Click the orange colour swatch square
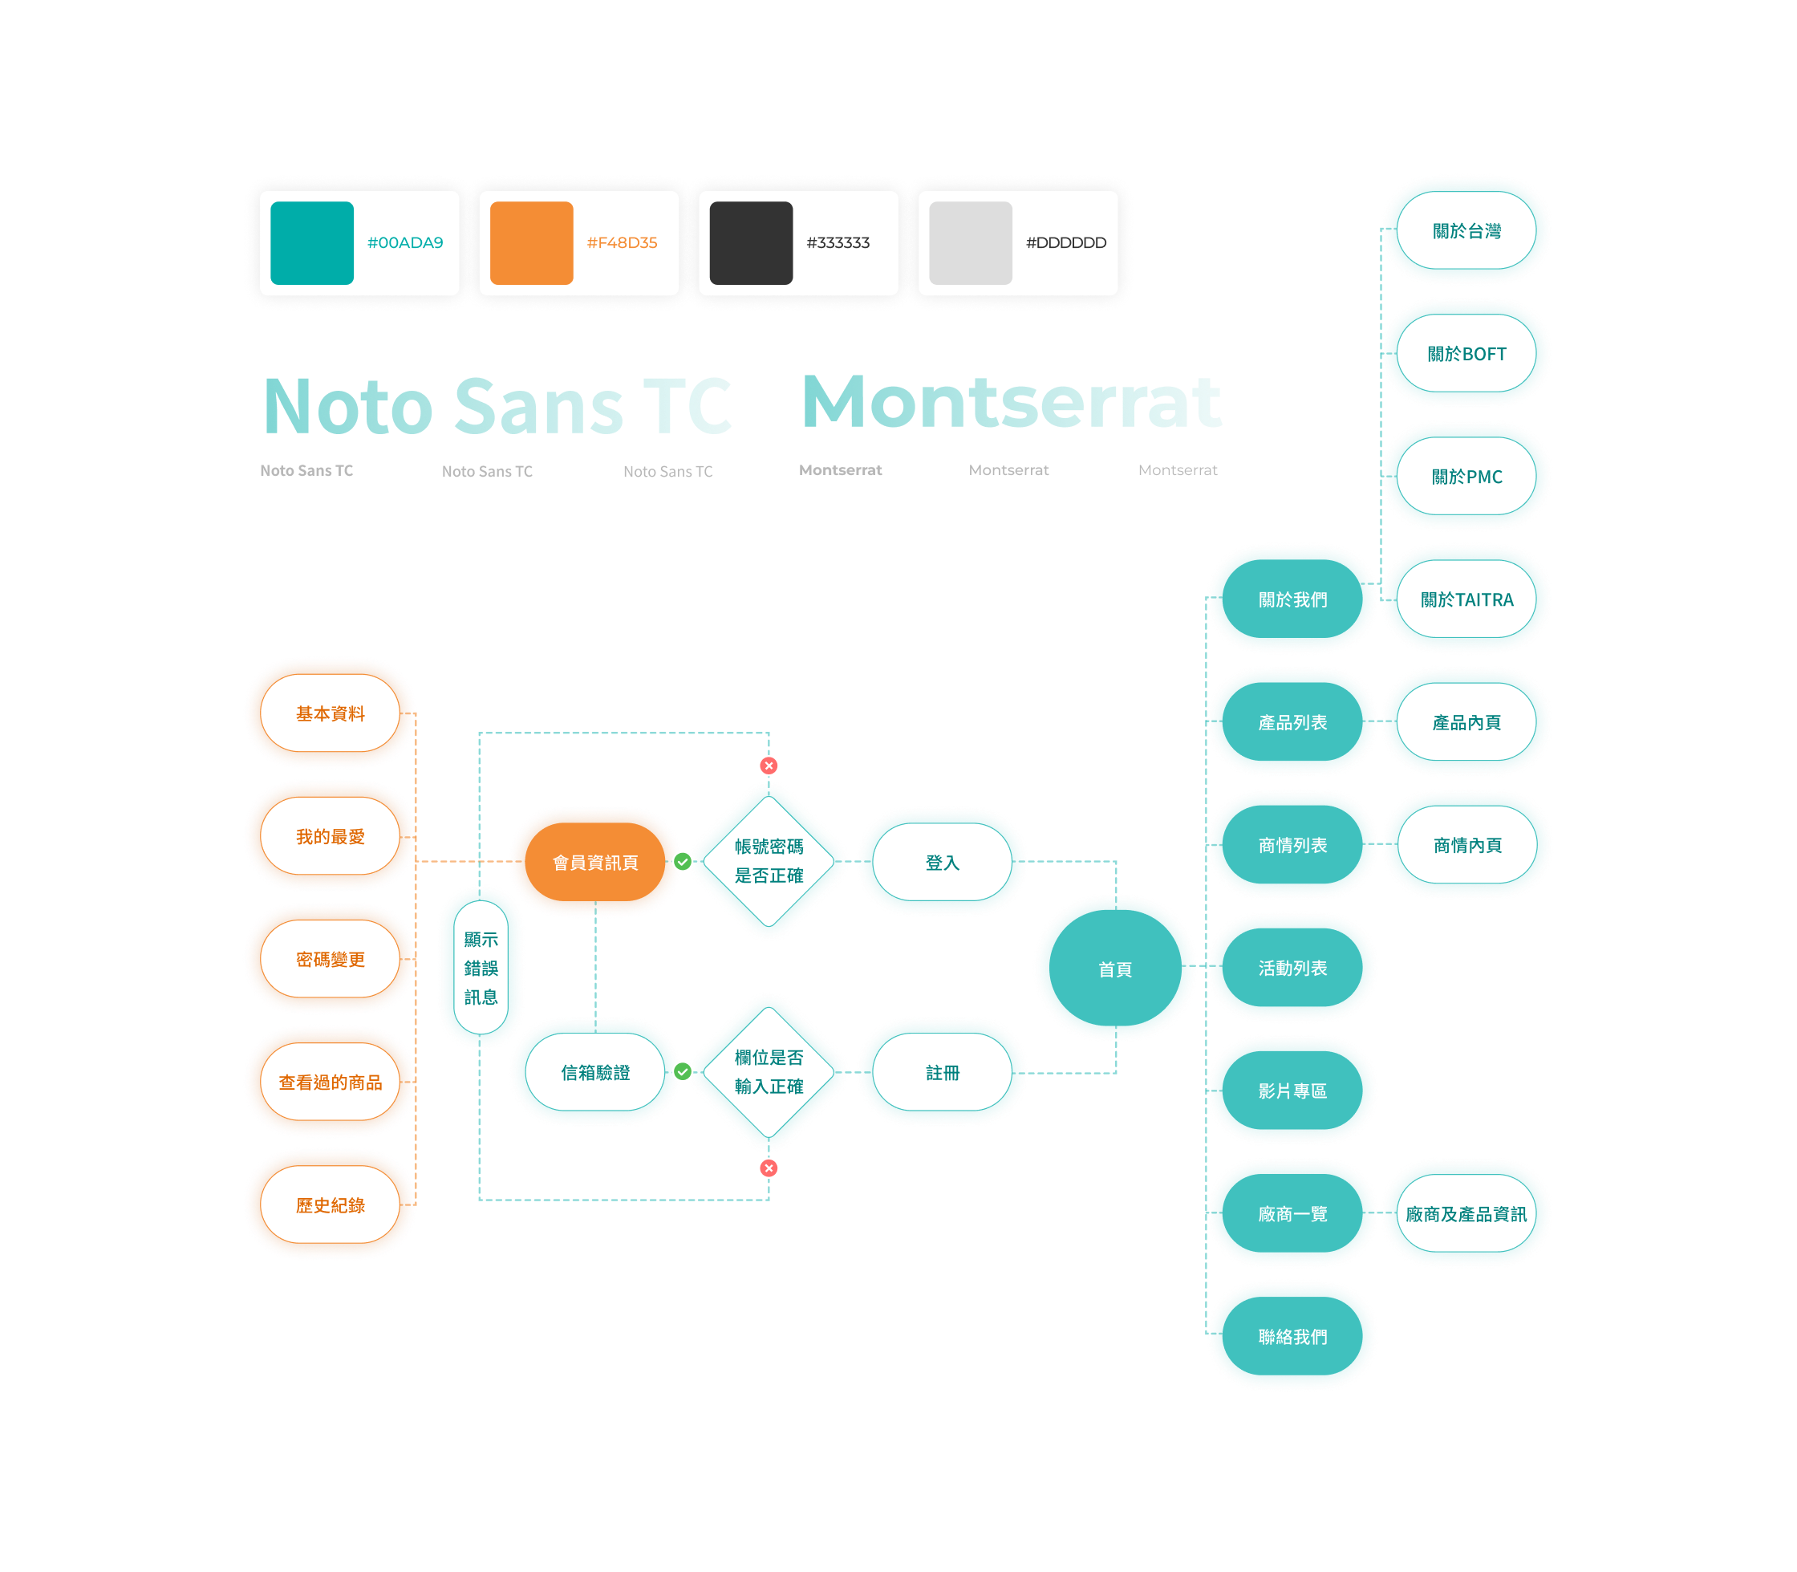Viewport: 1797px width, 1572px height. click(x=531, y=243)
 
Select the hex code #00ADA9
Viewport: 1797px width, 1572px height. click(x=405, y=243)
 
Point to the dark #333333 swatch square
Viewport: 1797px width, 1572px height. click(x=751, y=243)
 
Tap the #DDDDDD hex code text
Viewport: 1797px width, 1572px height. click(x=1065, y=243)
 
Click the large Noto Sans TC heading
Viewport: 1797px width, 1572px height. click(x=497, y=406)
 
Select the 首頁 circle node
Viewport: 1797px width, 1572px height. click(x=1114, y=969)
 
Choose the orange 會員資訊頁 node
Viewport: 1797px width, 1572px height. click(x=595, y=863)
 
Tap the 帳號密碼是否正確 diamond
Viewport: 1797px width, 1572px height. click(x=769, y=860)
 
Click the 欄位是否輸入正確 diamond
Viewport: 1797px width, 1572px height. click(x=769, y=1071)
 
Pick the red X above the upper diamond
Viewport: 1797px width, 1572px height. click(x=769, y=766)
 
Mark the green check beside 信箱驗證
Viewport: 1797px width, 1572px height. click(x=683, y=1071)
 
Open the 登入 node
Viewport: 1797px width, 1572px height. click(x=943, y=863)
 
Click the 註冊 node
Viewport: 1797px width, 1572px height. click(x=943, y=1072)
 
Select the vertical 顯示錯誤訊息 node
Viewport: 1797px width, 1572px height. click(x=481, y=968)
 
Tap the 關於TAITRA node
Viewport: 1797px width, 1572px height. click(x=1466, y=599)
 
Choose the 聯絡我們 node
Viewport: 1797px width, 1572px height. click(x=1292, y=1336)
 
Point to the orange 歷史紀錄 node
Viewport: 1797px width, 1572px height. click(x=331, y=1204)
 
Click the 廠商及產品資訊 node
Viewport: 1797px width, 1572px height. click(x=1466, y=1213)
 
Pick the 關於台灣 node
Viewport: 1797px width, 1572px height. click(x=1466, y=231)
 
